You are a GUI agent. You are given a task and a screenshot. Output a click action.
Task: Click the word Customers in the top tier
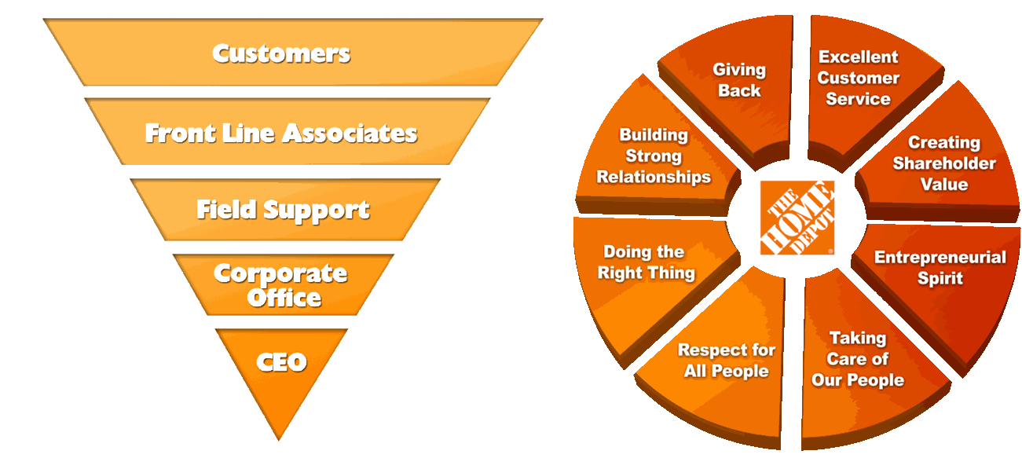pyautogui.click(x=281, y=53)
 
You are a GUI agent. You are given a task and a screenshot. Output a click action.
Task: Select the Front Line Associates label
pyautogui.click(x=281, y=133)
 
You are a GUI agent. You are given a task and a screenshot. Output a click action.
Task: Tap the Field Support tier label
pyautogui.click(x=283, y=210)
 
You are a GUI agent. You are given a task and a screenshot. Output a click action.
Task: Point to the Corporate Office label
pyautogui.click(x=280, y=285)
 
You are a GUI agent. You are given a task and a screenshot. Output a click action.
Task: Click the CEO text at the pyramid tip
pyautogui.click(x=281, y=362)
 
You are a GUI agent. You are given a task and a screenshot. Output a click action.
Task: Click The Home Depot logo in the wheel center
pyautogui.click(x=797, y=218)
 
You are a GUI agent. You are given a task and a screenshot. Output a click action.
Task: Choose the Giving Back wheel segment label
pyautogui.click(x=739, y=80)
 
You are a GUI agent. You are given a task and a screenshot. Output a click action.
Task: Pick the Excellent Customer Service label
pyautogui.click(x=858, y=78)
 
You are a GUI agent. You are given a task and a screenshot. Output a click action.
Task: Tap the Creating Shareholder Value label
pyautogui.click(x=944, y=163)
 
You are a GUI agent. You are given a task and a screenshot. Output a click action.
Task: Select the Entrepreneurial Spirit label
pyautogui.click(x=940, y=268)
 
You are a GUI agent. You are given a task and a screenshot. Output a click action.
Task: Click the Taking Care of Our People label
pyautogui.click(x=858, y=359)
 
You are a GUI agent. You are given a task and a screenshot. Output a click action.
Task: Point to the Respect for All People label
pyautogui.click(x=727, y=360)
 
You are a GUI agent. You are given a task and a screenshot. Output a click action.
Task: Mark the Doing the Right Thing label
pyautogui.click(x=646, y=262)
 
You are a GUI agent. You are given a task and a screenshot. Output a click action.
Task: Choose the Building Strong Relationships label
pyautogui.click(x=654, y=156)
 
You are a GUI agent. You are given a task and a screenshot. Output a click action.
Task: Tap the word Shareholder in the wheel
pyautogui.click(x=944, y=163)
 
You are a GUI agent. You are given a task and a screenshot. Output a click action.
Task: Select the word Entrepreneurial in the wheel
pyautogui.click(x=940, y=257)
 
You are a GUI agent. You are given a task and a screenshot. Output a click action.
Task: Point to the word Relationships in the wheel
pyautogui.click(x=654, y=177)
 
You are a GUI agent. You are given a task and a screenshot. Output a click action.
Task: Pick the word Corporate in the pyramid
pyautogui.click(x=280, y=274)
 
